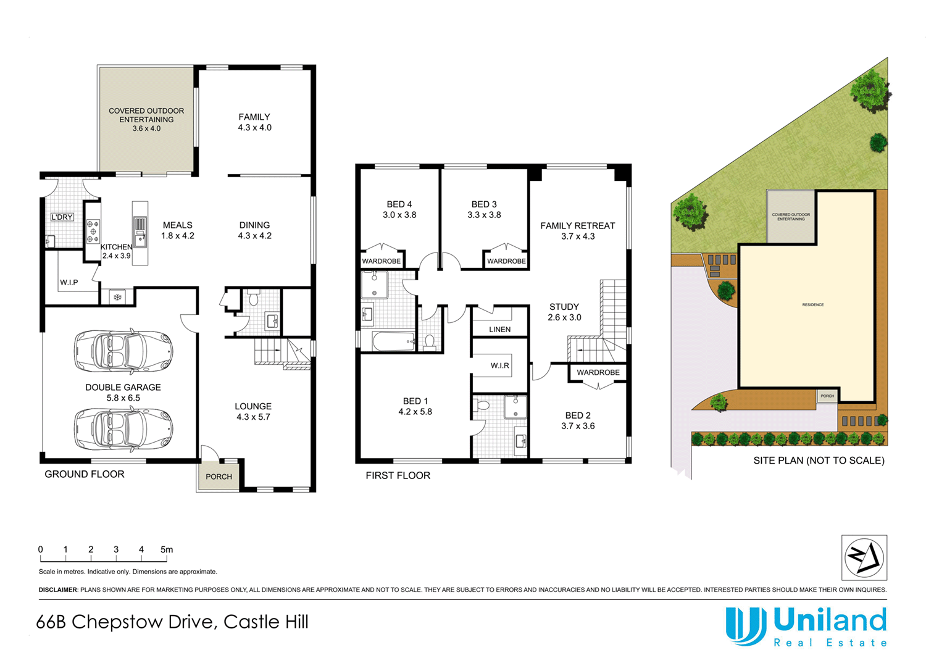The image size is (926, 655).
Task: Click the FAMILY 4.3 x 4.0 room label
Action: click(x=254, y=122)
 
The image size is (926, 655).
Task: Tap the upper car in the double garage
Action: click(x=123, y=351)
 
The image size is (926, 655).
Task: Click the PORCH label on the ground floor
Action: click(x=219, y=477)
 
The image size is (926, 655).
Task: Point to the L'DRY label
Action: click(x=62, y=217)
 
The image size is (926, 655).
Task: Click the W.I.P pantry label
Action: click(x=69, y=283)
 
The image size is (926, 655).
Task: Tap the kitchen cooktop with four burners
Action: click(x=93, y=231)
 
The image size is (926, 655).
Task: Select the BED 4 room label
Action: click(x=399, y=209)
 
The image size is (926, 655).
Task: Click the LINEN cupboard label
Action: click(x=499, y=330)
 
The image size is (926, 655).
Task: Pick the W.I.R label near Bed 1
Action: click(x=499, y=365)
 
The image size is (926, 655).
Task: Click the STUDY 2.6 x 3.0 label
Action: click(x=564, y=312)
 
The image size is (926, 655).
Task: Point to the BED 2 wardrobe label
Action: click(x=598, y=372)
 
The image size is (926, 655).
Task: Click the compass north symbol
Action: click(x=864, y=557)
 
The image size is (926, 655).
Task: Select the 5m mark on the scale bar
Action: click(x=167, y=549)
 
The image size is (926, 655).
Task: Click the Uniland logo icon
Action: click(x=746, y=625)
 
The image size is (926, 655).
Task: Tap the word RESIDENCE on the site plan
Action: click(x=813, y=305)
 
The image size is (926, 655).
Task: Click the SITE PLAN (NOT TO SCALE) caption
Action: click(x=819, y=461)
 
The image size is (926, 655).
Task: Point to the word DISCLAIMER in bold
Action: click(x=58, y=590)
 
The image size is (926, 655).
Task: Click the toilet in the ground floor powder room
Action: click(x=253, y=299)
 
